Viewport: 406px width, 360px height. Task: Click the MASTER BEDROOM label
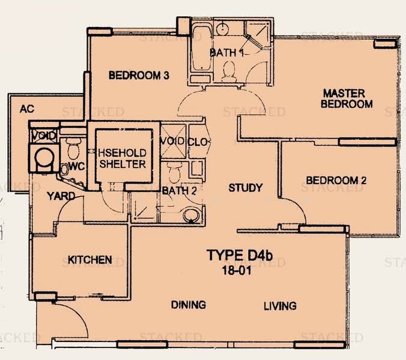[x=347, y=98]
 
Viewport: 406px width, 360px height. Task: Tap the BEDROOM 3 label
[x=139, y=75]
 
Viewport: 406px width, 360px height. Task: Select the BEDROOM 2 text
[x=336, y=180]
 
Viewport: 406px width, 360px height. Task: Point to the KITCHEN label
[x=90, y=260]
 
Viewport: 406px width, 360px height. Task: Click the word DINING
[x=189, y=305]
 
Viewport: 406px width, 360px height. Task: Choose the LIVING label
[x=280, y=306]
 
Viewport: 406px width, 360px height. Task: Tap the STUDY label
[x=246, y=187]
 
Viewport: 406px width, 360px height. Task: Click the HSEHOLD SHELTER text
[x=123, y=158]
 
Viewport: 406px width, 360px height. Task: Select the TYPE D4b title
[x=240, y=255]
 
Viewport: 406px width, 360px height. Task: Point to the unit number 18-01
[x=237, y=271]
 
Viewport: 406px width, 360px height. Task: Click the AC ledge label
[x=27, y=109]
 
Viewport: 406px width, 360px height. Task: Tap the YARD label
[x=61, y=196]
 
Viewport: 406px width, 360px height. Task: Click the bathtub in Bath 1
[x=202, y=47]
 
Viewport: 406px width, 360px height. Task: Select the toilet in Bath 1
[x=229, y=71]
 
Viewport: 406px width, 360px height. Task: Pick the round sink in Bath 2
[x=192, y=215]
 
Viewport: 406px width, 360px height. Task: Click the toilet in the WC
[x=73, y=148]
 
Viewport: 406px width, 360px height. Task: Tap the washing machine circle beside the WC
[x=44, y=158]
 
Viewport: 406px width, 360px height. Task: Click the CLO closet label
[x=198, y=142]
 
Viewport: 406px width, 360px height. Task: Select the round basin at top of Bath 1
[x=222, y=29]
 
